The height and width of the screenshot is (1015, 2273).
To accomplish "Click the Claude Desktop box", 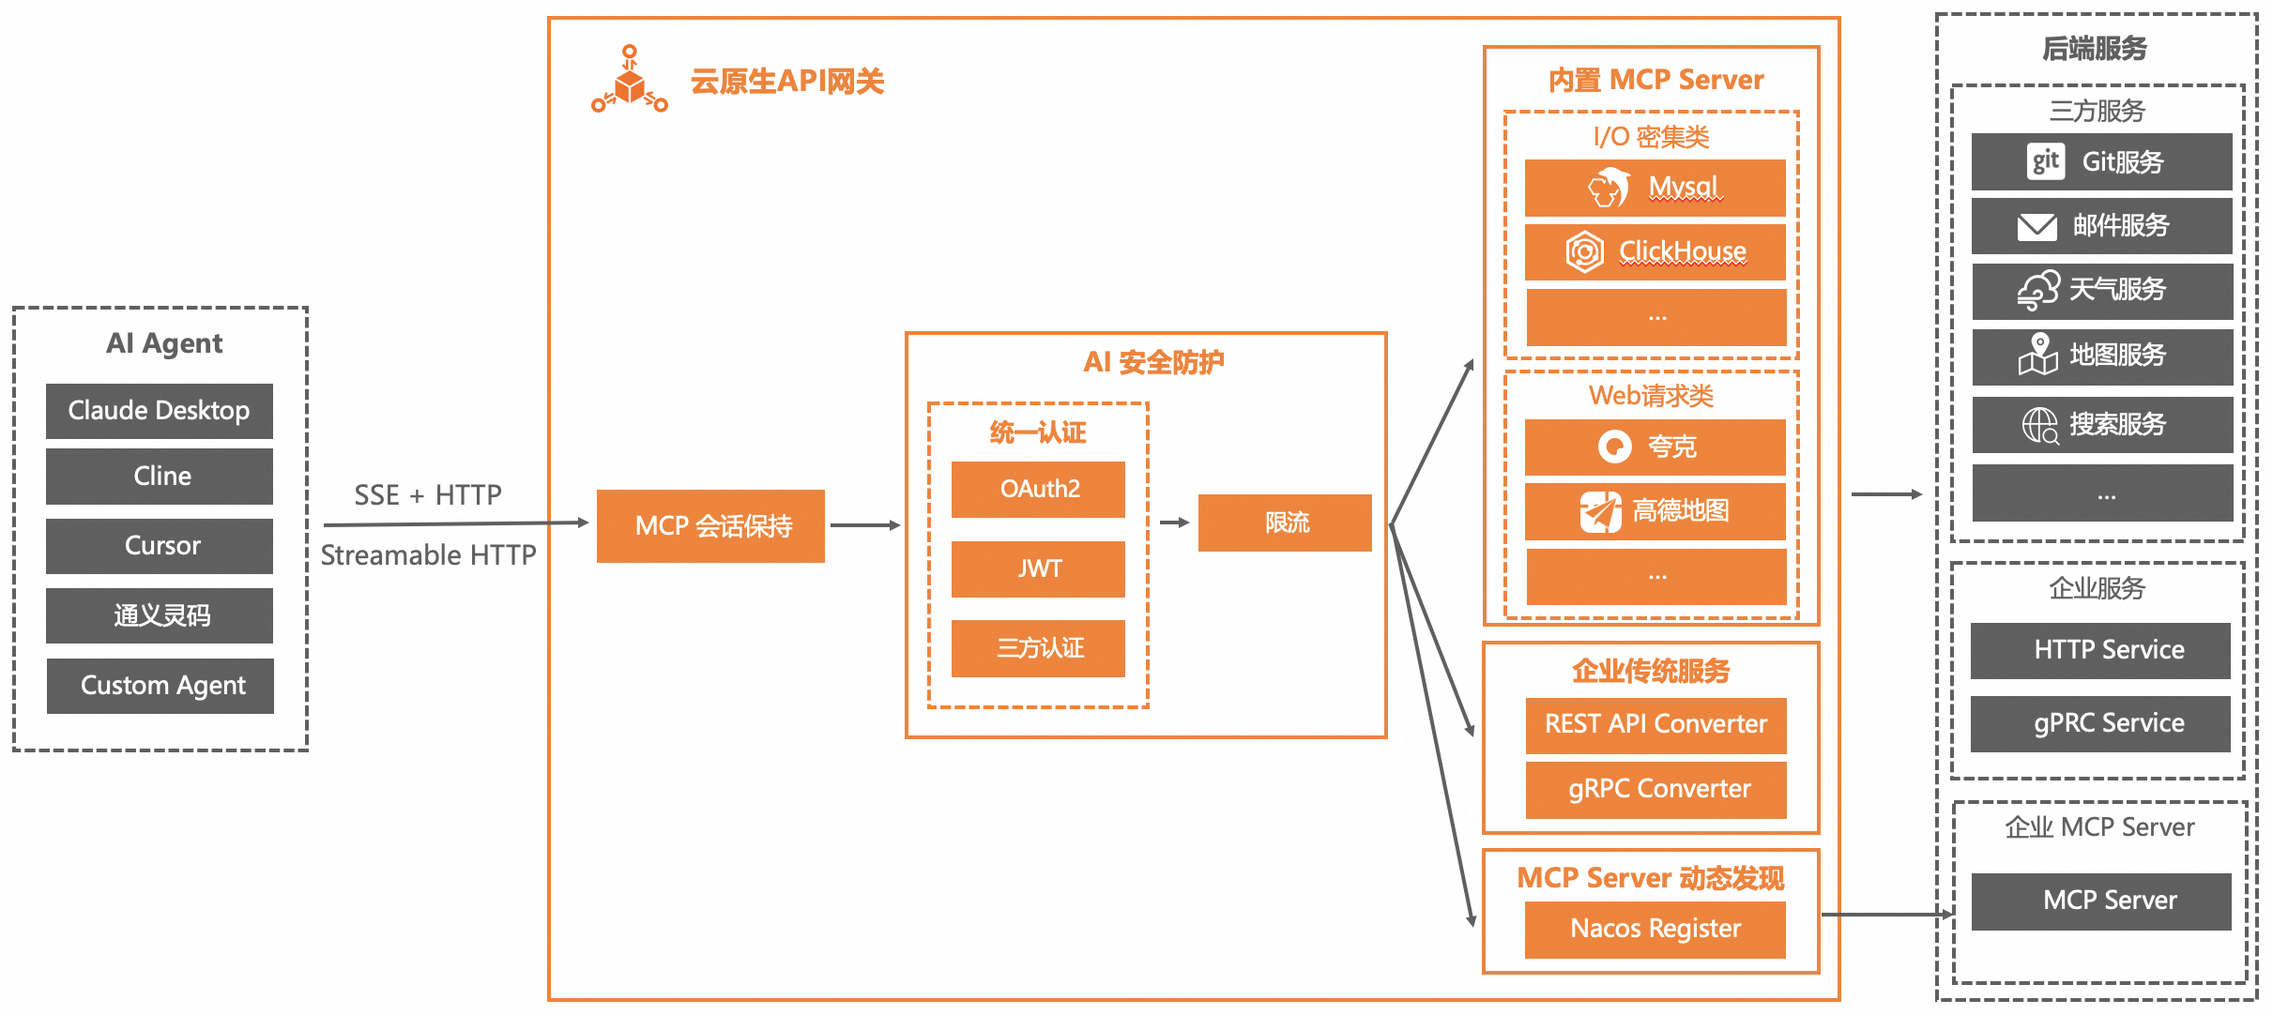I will (x=160, y=411).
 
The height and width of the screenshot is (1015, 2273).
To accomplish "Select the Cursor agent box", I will (x=160, y=546).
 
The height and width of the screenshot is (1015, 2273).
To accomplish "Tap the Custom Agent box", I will (x=160, y=686).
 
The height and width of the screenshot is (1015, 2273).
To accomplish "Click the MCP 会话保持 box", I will (x=710, y=526).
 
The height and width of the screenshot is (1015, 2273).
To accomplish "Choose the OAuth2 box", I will (x=1038, y=489).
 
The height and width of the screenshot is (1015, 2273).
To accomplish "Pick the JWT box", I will (x=1038, y=568).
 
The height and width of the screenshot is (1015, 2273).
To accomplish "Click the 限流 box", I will (x=1285, y=523).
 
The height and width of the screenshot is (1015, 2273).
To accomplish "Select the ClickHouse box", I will (x=1655, y=251).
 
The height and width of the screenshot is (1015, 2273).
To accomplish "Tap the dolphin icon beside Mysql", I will (x=1609, y=188).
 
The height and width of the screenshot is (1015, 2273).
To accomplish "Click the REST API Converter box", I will (x=1655, y=724).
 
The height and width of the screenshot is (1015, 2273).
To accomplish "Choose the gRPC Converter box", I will (x=1655, y=789).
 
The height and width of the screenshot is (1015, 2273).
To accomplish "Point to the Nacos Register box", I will (x=1655, y=929).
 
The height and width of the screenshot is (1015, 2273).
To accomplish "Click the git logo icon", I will (x=2045, y=161).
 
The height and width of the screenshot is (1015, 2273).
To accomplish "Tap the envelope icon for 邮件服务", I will (x=2037, y=226).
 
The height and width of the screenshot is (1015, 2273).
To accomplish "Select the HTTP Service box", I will (x=2100, y=650).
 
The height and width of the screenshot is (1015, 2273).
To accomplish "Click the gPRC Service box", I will (x=2100, y=723).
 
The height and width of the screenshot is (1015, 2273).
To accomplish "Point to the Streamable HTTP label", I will (x=428, y=555).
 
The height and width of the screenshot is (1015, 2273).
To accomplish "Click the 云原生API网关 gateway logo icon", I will (x=630, y=82).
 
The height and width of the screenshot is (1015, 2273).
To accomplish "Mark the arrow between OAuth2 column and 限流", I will (x=1173, y=523).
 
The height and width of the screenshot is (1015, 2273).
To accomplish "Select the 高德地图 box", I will (x=1655, y=511).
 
